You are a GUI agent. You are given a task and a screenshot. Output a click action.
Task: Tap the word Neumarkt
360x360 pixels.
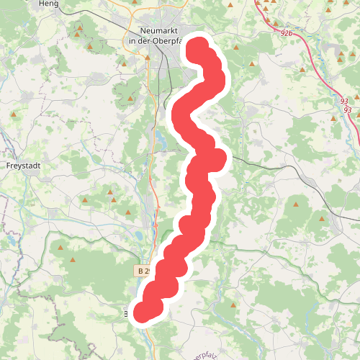pyautogui.click(x=157, y=31)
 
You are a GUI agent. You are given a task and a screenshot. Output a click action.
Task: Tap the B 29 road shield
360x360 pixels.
pyautogui.click(x=143, y=271)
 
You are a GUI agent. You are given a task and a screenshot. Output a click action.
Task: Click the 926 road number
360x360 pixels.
pyautogui.click(x=287, y=34)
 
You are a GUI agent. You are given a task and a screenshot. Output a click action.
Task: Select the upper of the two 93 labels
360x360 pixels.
pyautogui.click(x=344, y=102)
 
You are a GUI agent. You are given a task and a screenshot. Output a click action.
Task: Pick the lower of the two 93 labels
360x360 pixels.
pyautogui.click(x=348, y=109)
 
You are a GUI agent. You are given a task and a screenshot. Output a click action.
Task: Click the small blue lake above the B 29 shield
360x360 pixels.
pyautogui.click(x=136, y=234)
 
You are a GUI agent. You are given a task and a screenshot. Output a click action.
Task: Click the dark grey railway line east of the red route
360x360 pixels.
pyautogui.click(x=288, y=170)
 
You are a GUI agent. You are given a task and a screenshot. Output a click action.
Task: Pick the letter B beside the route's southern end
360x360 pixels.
pyautogui.click(x=127, y=313)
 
